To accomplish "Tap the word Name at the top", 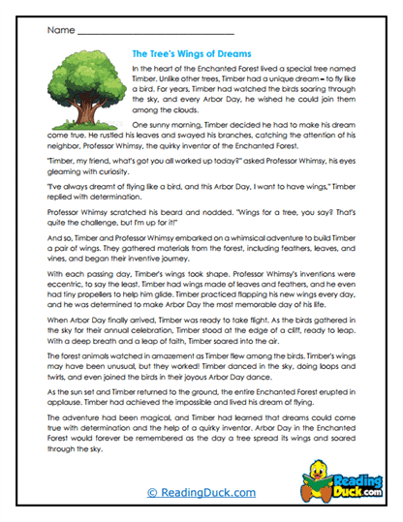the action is (59, 30).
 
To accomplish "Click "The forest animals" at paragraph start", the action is (80, 365).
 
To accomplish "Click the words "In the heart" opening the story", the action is (151, 71).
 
